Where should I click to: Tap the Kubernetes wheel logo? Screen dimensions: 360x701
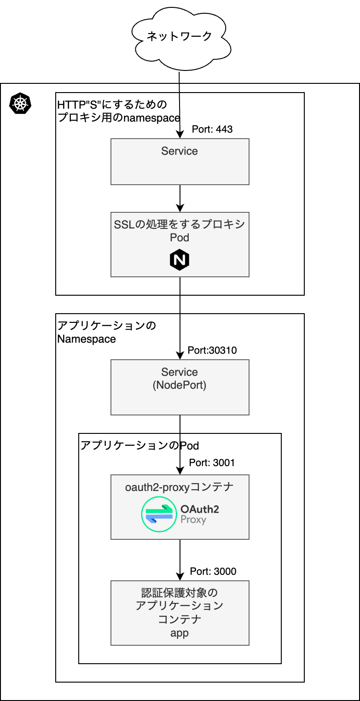[20, 103]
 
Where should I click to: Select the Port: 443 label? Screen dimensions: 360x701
[212, 129]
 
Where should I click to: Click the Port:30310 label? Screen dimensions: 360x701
[212, 350]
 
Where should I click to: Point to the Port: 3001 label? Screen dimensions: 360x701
[212, 462]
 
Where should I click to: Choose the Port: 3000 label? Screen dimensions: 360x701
[213, 571]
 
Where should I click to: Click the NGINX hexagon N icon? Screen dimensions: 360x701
[180, 260]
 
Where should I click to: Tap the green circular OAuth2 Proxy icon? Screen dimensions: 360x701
[159, 514]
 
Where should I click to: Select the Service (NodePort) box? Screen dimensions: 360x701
[180, 387]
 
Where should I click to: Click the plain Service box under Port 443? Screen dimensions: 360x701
[180, 162]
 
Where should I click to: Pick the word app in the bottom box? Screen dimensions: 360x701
[180, 633]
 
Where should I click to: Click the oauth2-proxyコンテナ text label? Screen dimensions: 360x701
[179, 487]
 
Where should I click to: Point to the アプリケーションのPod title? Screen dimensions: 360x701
[139, 445]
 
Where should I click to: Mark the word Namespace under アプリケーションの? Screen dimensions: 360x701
[87, 339]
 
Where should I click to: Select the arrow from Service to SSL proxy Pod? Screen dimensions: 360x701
[180, 199]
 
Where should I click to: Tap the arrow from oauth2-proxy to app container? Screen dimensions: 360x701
[180, 560]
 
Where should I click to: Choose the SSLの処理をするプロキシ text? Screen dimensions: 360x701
[180, 224]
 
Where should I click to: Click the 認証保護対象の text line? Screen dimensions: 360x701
[180, 592]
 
